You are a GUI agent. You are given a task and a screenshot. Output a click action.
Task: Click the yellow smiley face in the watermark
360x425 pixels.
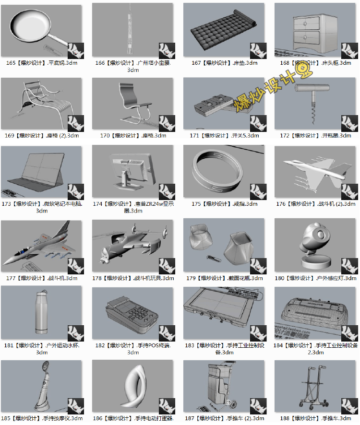pyautogui.click(x=304, y=72)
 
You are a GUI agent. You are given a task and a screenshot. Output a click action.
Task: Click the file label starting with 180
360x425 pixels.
pyautogui.click(x=316, y=278)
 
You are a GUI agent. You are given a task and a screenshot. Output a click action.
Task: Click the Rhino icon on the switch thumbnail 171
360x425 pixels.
pyautogui.click(x=257, y=123)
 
